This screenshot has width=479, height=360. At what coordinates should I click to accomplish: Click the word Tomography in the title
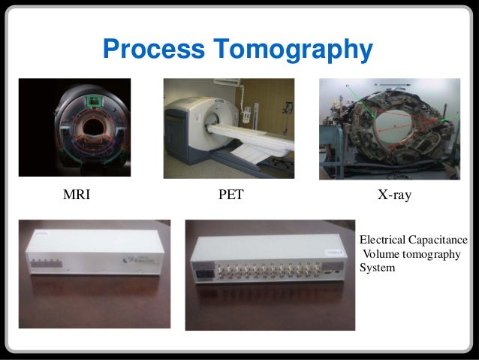292,50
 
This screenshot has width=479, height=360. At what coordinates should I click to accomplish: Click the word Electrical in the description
384,240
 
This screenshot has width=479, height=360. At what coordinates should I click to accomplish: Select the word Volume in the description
381,253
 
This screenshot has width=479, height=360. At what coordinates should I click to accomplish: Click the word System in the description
377,267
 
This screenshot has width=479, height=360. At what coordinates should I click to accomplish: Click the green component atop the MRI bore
94,101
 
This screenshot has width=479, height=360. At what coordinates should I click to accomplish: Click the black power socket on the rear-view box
200,273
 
